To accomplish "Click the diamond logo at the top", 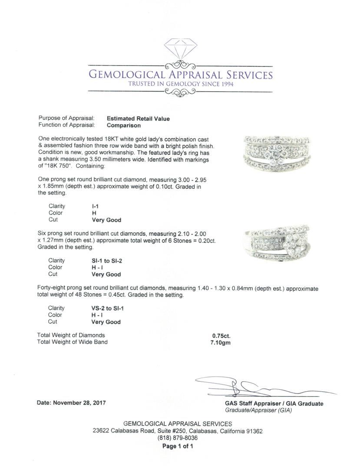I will (x=180, y=50).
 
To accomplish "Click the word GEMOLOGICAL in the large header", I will (x=126, y=74).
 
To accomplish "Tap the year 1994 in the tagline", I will (x=226, y=84).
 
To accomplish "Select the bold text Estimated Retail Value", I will (x=138, y=119).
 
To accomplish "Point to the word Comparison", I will (x=124, y=126).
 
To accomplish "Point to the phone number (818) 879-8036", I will (x=178, y=438).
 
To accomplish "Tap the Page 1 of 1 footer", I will (x=178, y=446).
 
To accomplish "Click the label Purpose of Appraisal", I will (x=66, y=119).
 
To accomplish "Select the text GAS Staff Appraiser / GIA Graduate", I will (x=271, y=403).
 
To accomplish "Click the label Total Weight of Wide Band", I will (x=73, y=342).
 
